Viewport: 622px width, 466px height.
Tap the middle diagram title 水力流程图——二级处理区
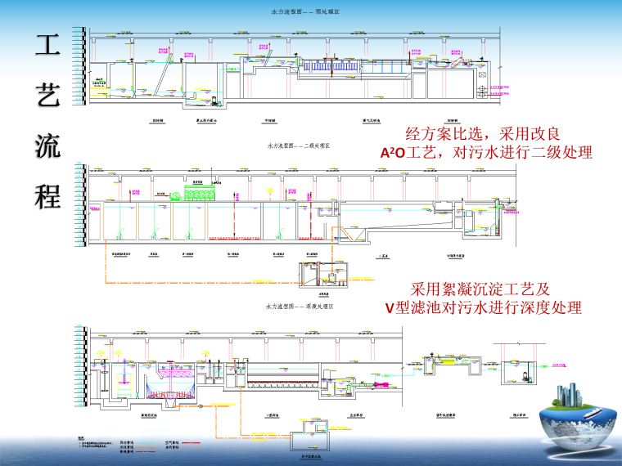pos(299,146)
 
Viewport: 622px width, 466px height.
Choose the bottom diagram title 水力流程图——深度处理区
pos(299,306)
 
